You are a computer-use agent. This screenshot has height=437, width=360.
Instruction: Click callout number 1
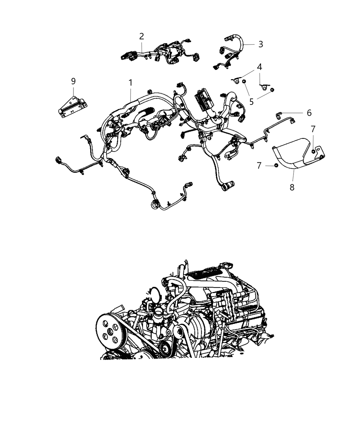(x=130, y=83)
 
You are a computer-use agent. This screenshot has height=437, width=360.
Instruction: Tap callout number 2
(x=142, y=36)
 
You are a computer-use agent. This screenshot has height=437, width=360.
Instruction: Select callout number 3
(x=261, y=44)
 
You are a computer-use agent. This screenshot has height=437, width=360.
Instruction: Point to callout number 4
(x=260, y=66)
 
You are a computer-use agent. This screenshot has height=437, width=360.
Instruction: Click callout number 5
(x=252, y=101)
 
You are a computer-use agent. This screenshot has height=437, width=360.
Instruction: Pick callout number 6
(x=309, y=113)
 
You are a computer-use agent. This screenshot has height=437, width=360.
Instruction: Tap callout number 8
(x=292, y=187)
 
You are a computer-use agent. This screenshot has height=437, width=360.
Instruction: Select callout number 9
(x=73, y=81)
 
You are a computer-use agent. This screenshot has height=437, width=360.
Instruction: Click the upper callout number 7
(x=313, y=129)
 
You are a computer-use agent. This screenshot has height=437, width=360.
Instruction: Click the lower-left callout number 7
(x=260, y=166)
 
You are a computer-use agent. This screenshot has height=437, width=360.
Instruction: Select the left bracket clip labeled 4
(x=236, y=81)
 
